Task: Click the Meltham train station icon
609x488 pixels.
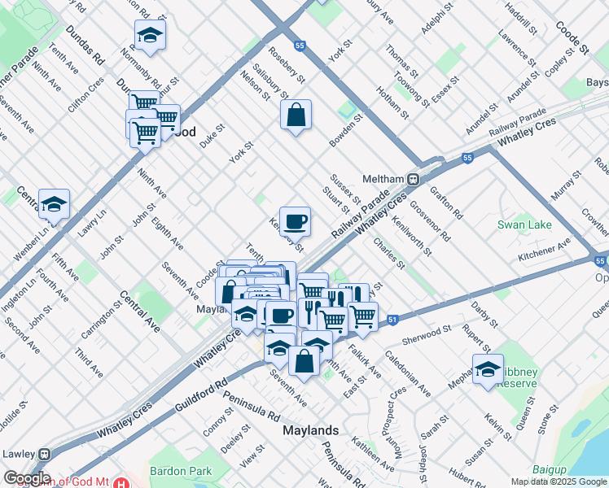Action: click(x=413, y=179)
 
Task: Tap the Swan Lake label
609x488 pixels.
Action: click(x=524, y=224)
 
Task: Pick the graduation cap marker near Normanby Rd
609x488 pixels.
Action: click(x=150, y=35)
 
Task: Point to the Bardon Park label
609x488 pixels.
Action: click(x=181, y=471)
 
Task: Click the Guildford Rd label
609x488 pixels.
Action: click(x=199, y=395)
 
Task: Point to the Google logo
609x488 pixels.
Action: click(x=27, y=478)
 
